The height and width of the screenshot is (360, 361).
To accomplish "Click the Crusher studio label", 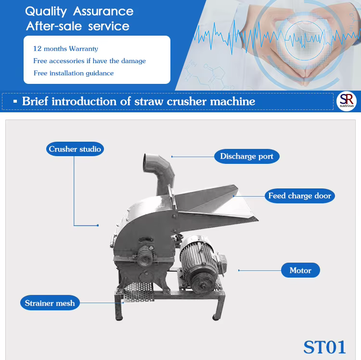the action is [x=75, y=149].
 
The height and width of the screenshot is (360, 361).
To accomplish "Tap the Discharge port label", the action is [x=247, y=156].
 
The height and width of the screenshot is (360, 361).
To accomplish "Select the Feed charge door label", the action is [x=300, y=196].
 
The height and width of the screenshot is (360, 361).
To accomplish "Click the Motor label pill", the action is [x=300, y=270].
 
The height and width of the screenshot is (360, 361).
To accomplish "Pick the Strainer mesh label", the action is [x=50, y=303].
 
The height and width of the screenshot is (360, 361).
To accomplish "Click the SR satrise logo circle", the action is [x=347, y=101].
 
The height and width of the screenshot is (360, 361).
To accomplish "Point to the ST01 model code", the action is [x=324, y=347].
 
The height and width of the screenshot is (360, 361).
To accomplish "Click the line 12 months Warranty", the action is [x=65, y=49].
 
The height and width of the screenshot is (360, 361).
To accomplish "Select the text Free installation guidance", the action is [x=74, y=73].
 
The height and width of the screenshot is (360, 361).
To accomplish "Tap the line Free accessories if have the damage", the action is [x=90, y=61].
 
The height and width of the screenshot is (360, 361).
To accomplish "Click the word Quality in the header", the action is [x=46, y=12].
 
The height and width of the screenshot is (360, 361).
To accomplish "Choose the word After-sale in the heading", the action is [x=54, y=26].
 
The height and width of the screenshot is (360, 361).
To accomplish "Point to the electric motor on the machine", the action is [x=203, y=264].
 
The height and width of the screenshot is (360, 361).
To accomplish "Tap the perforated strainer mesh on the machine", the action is [x=139, y=292].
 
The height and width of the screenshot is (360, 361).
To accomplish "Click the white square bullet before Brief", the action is [x=15, y=101].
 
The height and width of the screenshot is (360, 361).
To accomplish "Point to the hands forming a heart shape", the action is [x=304, y=44].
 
